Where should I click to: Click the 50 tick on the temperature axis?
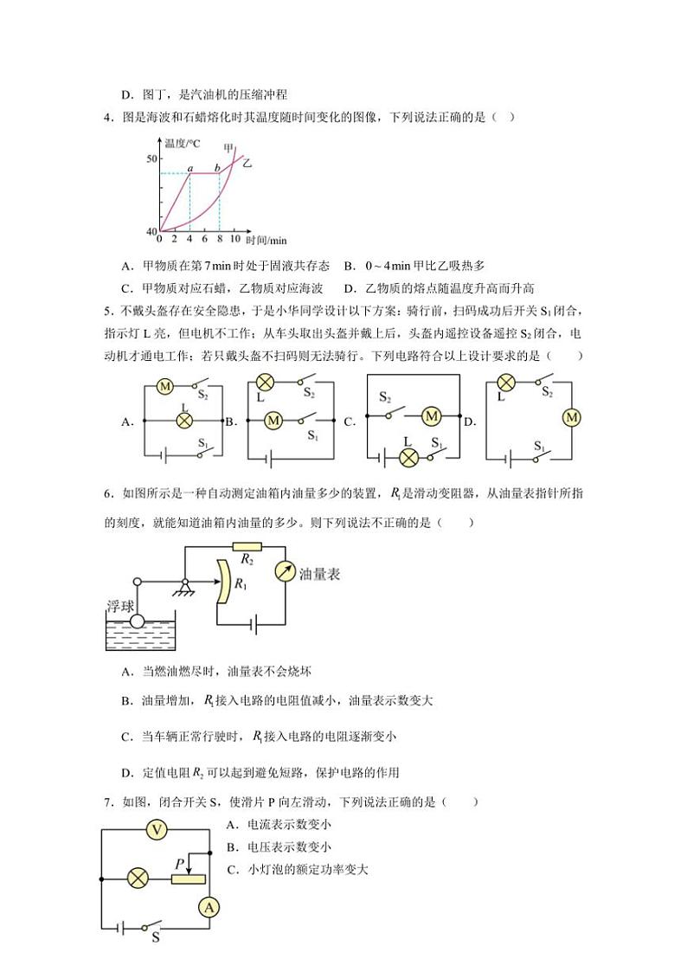pyautogui.click(x=151, y=159)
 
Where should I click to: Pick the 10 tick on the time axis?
pyautogui.click(x=234, y=239)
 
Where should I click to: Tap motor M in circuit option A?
pyautogui.click(x=164, y=387)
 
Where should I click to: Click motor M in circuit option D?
pyautogui.click(x=570, y=418)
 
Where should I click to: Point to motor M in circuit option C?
pyautogui.click(x=431, y=417)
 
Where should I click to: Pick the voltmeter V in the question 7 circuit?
pyautogui.click(x=157, y=830)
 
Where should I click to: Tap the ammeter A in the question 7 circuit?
pyautogui.click(x=208, y=906)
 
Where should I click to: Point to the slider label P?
pyautogui.click(x=179, y=863)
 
